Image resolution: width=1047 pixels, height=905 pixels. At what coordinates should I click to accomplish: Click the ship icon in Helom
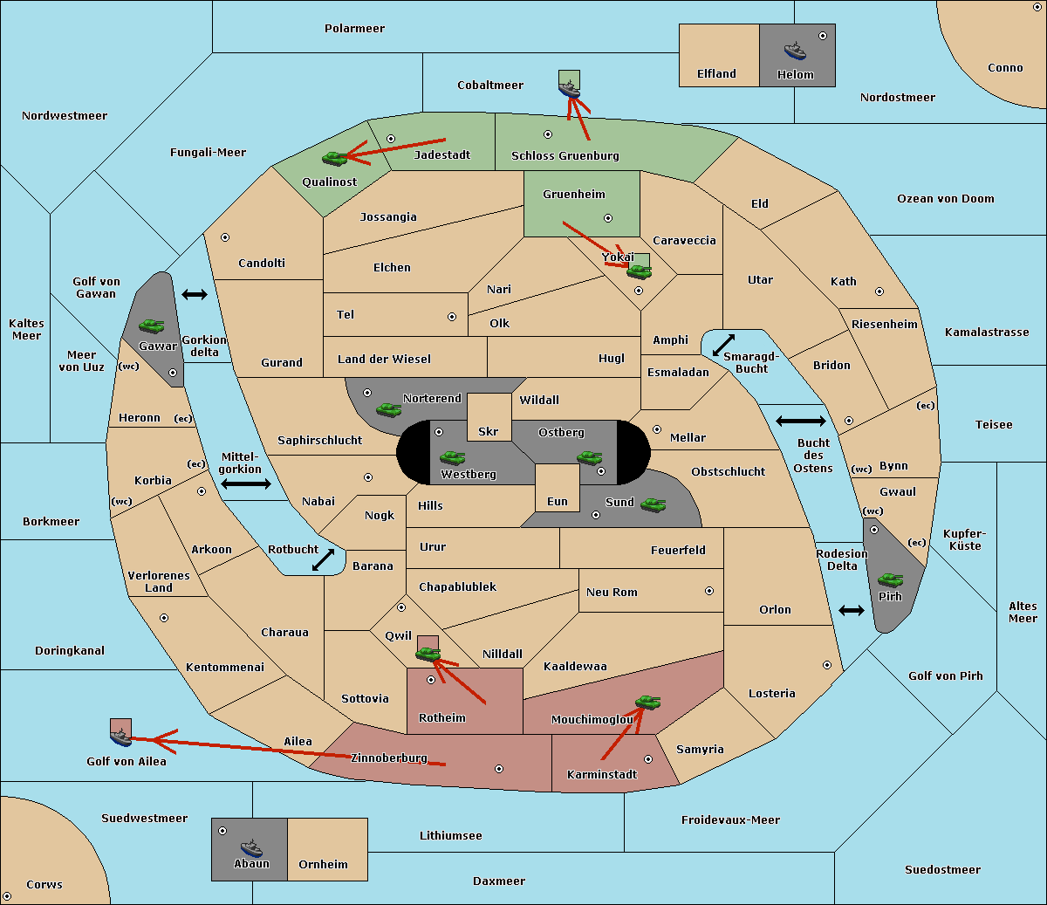pos(795,51)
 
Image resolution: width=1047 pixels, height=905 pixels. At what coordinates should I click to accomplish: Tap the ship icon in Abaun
pos(252,848)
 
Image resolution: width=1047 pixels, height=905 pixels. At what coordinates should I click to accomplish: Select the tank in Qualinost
pos(335,159)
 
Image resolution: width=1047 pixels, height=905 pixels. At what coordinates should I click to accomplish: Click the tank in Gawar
pos(152,326)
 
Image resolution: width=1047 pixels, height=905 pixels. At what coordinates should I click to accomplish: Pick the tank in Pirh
pos(890,579)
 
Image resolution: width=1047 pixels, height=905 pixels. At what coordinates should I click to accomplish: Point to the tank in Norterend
pos(388,410)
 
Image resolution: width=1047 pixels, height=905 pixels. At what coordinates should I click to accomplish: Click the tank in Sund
pos(653,505)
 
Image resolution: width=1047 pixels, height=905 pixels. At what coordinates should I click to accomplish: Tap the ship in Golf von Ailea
pos(121,737)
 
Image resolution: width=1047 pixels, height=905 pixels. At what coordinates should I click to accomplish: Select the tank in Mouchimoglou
pos(648,703)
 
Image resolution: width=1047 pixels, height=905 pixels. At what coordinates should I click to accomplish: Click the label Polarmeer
pos(354,29)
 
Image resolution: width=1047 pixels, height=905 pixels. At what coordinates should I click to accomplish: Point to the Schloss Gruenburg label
pos(565,155)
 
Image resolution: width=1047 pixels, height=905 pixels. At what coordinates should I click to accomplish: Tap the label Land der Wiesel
pos(384,360)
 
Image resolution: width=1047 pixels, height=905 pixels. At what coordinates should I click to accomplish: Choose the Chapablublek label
pos(457,586)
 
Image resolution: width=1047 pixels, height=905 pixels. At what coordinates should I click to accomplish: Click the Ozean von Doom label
pos(946,199)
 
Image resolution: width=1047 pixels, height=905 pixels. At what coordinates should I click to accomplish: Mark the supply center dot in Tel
pos(452,317)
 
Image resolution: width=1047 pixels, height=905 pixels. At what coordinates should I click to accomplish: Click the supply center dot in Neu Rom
pos(709,591)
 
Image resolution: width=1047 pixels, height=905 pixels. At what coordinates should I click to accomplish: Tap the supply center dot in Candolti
pos(225,237)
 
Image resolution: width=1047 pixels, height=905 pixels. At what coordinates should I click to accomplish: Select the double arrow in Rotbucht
pos(323,560)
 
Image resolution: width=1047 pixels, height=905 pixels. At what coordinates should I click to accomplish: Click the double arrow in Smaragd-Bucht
pos(723,345)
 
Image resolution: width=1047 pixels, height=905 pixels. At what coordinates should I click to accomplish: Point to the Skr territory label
pos(489,431)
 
